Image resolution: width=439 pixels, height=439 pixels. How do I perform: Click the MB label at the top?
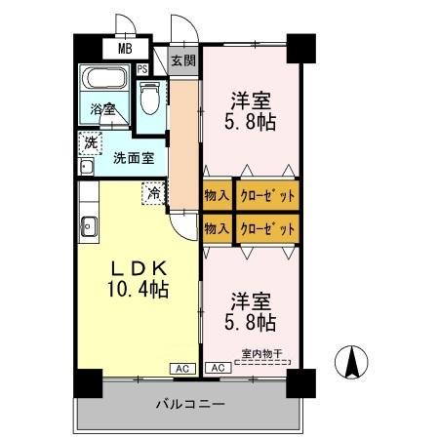click(x=126, y=47)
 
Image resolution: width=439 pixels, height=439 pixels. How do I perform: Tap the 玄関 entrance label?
click(x=182, y=60)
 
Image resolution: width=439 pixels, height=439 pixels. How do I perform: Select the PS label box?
click(x=142, y=68)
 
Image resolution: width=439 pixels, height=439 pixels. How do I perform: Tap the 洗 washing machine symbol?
click(x=91, y=143)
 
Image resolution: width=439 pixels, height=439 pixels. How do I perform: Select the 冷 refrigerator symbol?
click(x=154, y=193)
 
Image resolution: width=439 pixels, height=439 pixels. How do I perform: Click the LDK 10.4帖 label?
click(x=137, y=278)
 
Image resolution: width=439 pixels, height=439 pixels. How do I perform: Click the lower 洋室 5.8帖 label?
click(x=252, y=309)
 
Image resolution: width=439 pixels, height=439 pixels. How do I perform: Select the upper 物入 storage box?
click(x=218, y=195)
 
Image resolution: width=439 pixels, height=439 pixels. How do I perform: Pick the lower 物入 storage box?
click(x=218, y=228)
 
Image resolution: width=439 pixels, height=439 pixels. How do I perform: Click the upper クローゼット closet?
click(x=266, y=195)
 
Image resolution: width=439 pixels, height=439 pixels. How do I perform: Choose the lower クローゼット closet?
click(x=266, y=228)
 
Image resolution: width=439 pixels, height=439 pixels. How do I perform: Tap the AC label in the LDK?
click(x=180, y=368)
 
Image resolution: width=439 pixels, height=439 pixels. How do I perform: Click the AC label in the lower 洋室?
click(x=217, y=368)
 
